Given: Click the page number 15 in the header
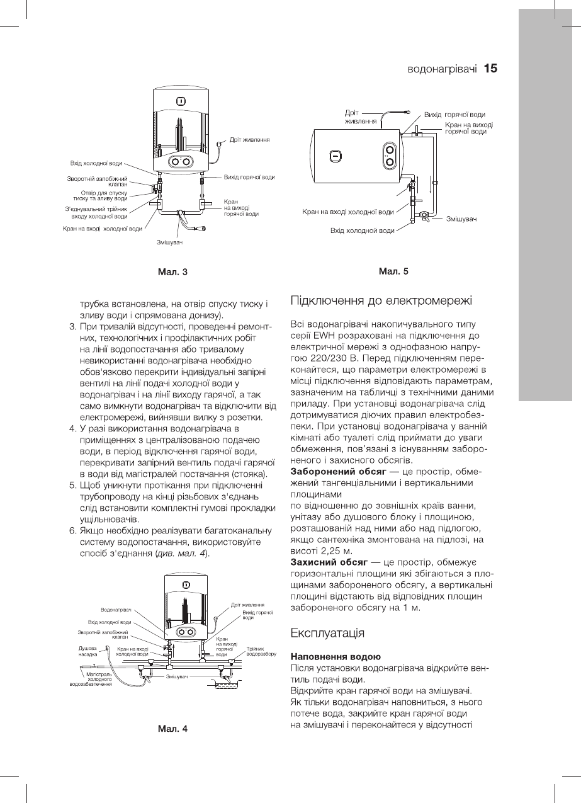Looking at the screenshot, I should point(491,68).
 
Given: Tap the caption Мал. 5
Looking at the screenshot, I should point(393,271).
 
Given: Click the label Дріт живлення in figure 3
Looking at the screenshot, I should point(249,139).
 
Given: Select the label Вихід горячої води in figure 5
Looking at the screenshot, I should point(454,115).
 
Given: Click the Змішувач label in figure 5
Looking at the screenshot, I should point(461,219).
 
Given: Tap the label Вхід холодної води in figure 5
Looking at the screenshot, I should point(363,231).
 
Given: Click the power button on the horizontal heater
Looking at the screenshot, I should point(336,156).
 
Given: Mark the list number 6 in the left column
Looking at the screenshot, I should point(72,531).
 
